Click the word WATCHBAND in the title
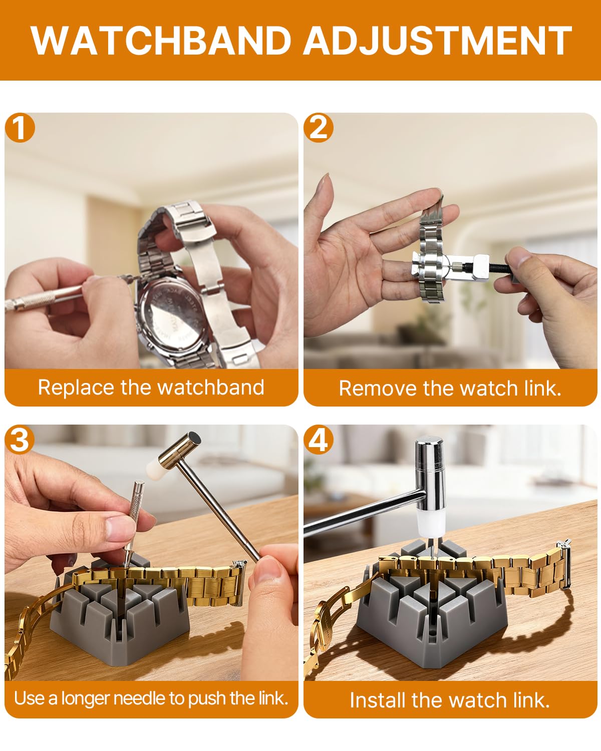pyautogui.click(x=161, y=41)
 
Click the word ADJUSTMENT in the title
pyautogui.click(x=437, y=41)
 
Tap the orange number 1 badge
pyautogui.click(x=20, y=128)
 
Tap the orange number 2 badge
pyautogui.click(x=319, y=128)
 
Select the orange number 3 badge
pyautogui.click(x=20, y=440)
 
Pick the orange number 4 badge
pyautogui.click(x=319, y=440)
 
